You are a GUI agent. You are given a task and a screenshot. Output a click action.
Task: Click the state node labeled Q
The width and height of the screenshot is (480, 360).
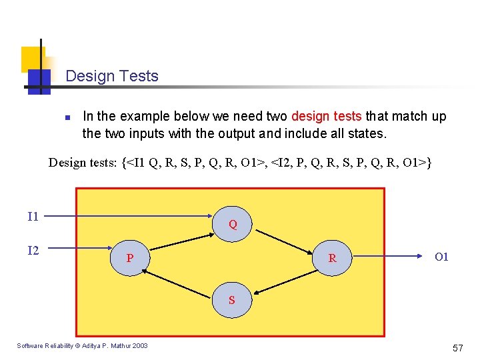232,223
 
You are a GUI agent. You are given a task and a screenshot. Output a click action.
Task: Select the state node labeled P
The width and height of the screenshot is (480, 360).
130,257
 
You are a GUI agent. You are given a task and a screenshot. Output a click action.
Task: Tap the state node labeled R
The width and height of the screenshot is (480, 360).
332,257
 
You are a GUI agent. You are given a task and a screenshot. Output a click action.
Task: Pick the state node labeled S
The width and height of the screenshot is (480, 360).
231,299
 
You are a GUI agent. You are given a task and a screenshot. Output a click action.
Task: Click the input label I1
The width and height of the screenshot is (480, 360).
33,216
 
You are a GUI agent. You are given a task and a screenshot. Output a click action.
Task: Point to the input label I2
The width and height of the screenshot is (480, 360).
33,251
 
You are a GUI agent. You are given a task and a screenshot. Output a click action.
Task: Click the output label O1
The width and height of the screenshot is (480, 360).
441,257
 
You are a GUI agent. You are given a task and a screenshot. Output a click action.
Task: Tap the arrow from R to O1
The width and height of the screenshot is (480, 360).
387,254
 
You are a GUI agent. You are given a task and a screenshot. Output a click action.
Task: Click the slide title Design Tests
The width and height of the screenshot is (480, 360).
112,76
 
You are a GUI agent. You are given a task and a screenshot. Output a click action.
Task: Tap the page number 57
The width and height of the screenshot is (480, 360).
457,348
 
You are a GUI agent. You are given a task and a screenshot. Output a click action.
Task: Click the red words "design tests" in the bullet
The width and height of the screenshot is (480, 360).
326,117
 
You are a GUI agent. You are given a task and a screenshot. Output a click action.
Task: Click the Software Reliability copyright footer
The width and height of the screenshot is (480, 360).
82,345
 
